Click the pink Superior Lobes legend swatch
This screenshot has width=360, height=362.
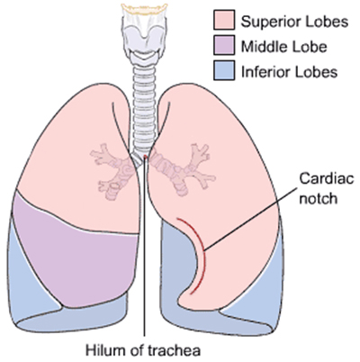tap(224, 20)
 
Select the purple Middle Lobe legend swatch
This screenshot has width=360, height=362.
tap(224, 45)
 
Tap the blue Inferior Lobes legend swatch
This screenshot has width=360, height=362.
tap(224, 70)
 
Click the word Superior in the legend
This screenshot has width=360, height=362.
tap(268, 23)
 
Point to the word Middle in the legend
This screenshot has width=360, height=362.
tap(260, 47)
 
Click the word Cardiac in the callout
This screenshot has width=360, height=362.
tap(327, 178)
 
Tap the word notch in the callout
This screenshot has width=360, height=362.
tap(319, 198)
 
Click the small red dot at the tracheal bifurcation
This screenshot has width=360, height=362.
tap(146, 156)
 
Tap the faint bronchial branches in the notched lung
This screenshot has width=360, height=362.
tap(183, 169)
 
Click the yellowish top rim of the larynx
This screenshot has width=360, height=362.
tap(144, 8)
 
